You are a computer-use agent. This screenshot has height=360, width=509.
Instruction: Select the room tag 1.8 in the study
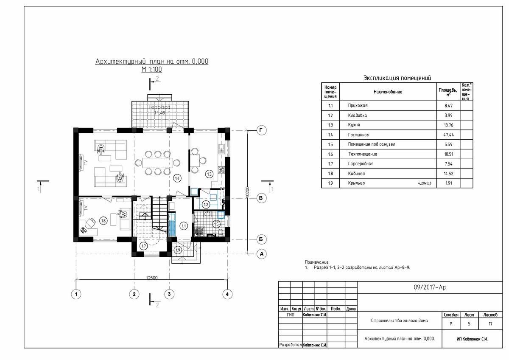point(103,220)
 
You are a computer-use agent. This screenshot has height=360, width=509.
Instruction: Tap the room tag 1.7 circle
point(143,246)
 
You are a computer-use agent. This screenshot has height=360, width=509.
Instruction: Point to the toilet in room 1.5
point(221,231)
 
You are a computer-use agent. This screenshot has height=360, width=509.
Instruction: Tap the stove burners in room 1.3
point(221,170)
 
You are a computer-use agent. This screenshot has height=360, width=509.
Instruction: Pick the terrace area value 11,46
point(159,113)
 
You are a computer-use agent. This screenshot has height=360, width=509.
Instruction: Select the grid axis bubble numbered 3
point(169,293)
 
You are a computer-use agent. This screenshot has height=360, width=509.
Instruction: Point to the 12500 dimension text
point(151,278)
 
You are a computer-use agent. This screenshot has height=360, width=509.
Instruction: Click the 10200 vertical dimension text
point(247,191)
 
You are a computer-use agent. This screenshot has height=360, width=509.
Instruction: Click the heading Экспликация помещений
point(397,78)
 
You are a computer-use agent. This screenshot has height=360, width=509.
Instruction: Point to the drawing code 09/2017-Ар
point(429,287)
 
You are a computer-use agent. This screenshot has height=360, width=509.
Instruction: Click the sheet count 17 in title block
point(490,324)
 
